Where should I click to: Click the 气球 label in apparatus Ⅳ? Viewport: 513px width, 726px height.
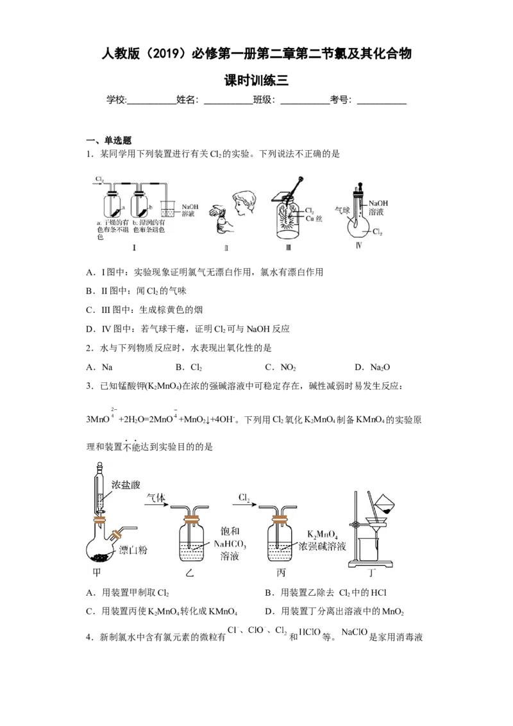pos(342,209)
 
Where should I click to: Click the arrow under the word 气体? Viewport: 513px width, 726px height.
pos(157,505)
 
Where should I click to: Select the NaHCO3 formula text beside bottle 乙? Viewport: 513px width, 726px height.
pos(229,545)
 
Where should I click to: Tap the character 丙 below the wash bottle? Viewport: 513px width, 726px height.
pos(282,573)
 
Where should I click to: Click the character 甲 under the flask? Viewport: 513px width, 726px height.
pos(97,572)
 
